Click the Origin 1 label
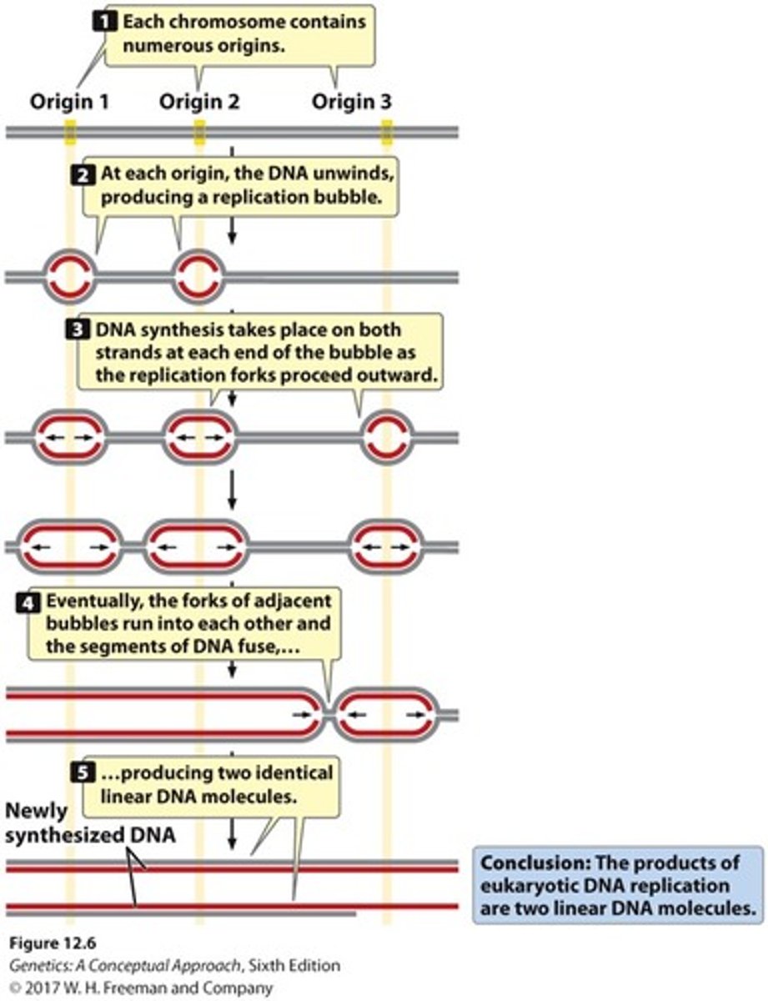click(x=69, y=102)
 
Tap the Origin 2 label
click(x=199, y=102)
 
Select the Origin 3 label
click(x=351, y=102)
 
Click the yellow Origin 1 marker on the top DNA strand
click(x=71, y=131)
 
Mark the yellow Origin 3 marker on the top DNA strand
click(x=387, y=131)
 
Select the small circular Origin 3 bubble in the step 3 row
click(x=387, y=436)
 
